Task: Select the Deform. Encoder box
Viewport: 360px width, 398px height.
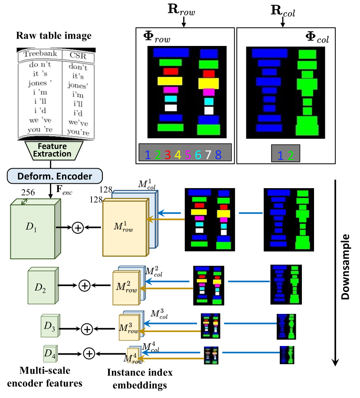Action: (55, 176)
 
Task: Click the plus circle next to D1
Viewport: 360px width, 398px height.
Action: (78, 228)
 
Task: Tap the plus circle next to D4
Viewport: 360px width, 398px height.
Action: (89, 354)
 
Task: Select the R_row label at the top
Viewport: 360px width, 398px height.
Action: (183, 10)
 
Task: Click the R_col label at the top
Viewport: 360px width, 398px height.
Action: (282, 10)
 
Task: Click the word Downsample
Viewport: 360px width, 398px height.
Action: (345, 267)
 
